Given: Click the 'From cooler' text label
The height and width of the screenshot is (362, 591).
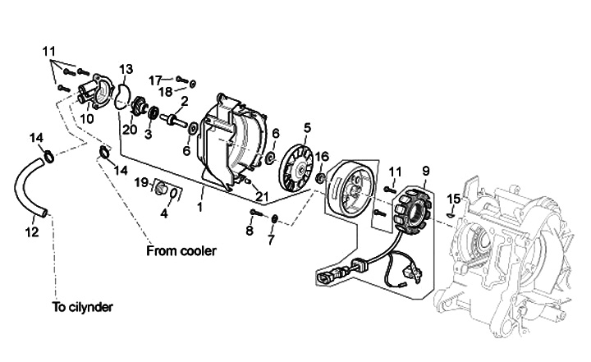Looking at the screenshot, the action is [181, 250].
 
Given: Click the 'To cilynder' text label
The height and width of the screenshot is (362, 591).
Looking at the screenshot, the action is [83, 307].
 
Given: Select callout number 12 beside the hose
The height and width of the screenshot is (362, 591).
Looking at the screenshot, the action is [32, 232].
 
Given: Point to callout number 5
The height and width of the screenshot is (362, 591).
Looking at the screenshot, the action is [307, 128].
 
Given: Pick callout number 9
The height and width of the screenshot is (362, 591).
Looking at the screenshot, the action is [426, 172].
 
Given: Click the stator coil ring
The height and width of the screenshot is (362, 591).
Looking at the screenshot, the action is [412, 208].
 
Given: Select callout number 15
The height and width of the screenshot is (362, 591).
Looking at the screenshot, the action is [455, 199].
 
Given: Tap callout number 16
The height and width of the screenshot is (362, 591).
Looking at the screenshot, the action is [322, 156].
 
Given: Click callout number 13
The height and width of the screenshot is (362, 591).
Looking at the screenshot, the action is [126, 70].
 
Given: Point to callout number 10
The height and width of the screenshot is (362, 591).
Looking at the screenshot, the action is [87, 119].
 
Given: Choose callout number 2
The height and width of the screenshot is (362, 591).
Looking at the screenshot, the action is [185, 101].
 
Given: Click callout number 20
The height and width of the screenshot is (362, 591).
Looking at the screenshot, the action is [130, 130].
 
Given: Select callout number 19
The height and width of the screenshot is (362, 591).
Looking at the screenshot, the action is [142, 183].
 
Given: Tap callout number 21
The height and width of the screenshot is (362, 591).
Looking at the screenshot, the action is [262, 196].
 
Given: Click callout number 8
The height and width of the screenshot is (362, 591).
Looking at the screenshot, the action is [250, 231].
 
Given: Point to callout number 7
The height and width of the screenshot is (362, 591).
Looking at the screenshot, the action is [272, 240].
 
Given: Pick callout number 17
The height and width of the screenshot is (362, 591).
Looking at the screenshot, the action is [155, 80].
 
